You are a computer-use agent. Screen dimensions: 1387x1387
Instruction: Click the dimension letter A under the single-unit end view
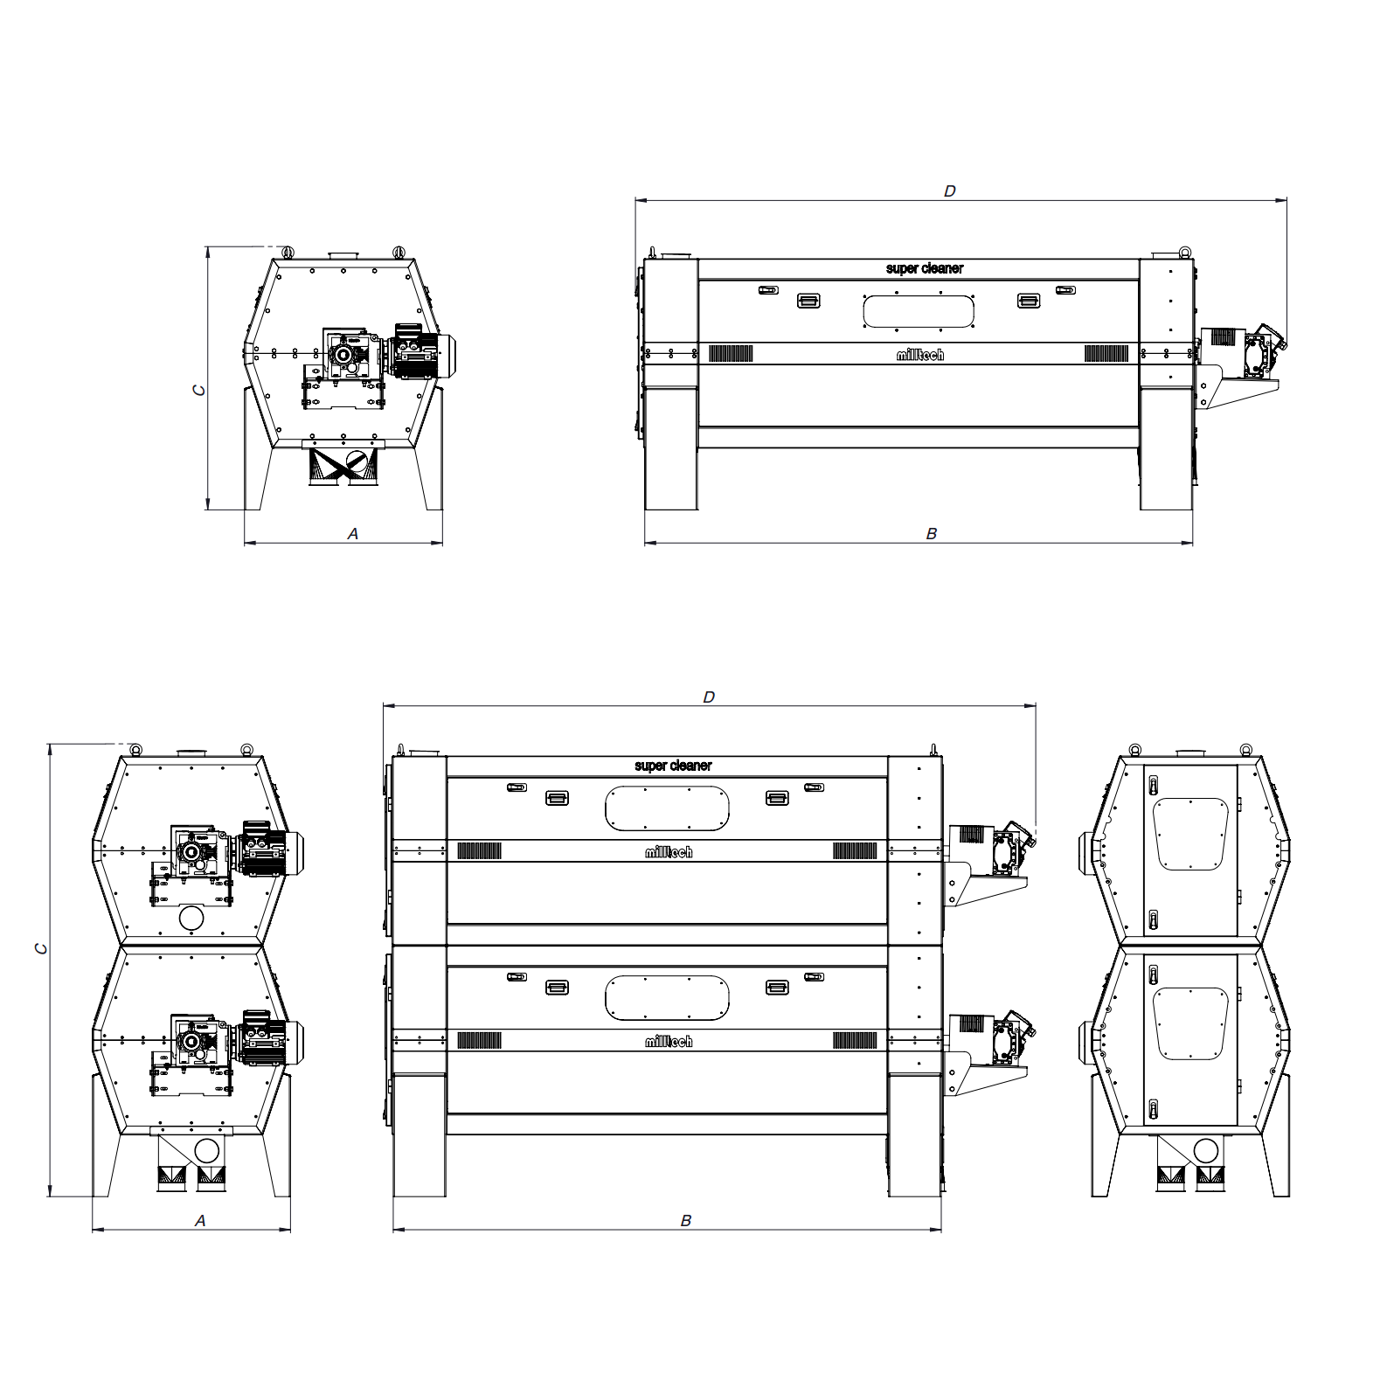click(x=353, y=533)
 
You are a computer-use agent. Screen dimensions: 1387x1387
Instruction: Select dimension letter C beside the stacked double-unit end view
click(x=40, y=948)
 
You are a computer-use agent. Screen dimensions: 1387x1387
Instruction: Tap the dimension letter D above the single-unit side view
click(x=950, y=191)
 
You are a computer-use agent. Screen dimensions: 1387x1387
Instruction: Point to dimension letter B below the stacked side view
click(x=686, y=1220)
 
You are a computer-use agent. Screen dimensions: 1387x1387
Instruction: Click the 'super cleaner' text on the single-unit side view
click(x=925, y=268)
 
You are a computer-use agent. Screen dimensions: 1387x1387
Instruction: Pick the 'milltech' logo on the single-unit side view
click(x=920, y=355)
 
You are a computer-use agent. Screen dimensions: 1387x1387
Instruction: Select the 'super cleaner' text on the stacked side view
click(x=673, y=766)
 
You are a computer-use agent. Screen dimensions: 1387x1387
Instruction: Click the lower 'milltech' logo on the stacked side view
click(x=669, y=1041)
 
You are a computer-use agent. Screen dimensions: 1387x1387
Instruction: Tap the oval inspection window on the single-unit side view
click(x=919, y=311)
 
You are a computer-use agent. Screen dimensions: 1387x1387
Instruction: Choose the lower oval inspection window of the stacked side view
click(x=668, y=998)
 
